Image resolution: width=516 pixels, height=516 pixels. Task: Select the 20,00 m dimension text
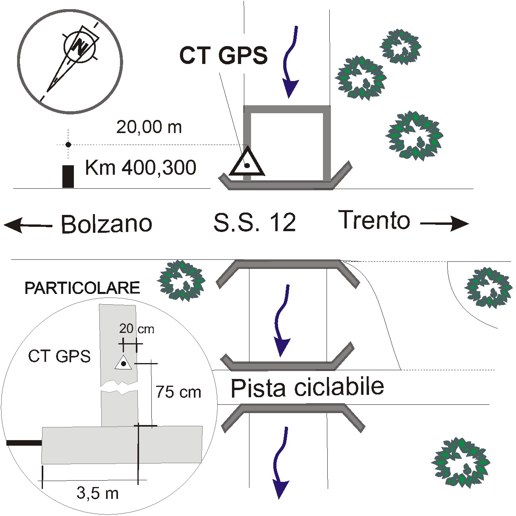click(149, 127)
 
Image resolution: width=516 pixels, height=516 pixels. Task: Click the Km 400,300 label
click(141, 168)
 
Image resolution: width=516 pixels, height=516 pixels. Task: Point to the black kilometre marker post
click(68, 176)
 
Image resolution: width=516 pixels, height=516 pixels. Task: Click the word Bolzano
click(106, 224)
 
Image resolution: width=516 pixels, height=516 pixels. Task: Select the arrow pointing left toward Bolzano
click(28, 226)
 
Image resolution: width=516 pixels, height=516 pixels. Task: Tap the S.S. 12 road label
click(255, 223)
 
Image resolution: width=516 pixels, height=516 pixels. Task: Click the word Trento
click(374, 220)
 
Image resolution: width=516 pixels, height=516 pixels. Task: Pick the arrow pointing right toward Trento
click(444, 224)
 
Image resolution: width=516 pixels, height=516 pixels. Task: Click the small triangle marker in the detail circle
click(123, 363)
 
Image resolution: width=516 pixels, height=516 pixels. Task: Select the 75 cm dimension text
click(178, 392)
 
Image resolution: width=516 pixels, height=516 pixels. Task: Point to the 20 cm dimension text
click(136, 329)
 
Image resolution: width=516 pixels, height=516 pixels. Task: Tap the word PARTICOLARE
click(82, 288)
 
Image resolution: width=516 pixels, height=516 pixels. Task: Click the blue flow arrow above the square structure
click(291, 62)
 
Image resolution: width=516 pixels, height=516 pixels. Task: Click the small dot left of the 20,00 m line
click(68, 145)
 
